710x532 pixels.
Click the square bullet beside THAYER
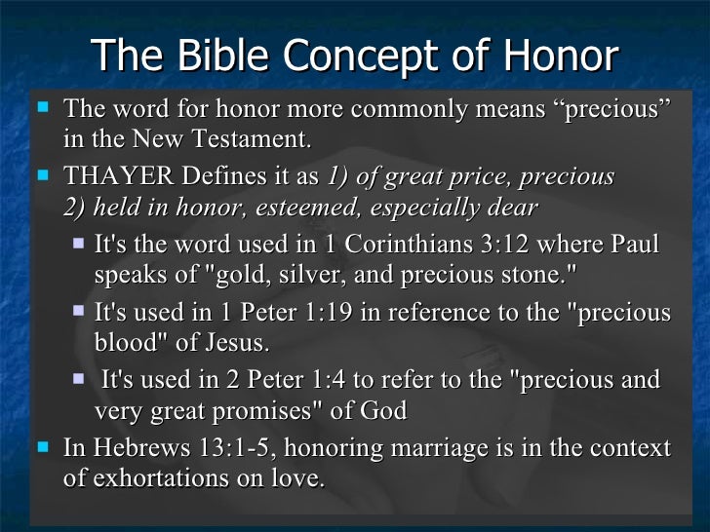[42, 177]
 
